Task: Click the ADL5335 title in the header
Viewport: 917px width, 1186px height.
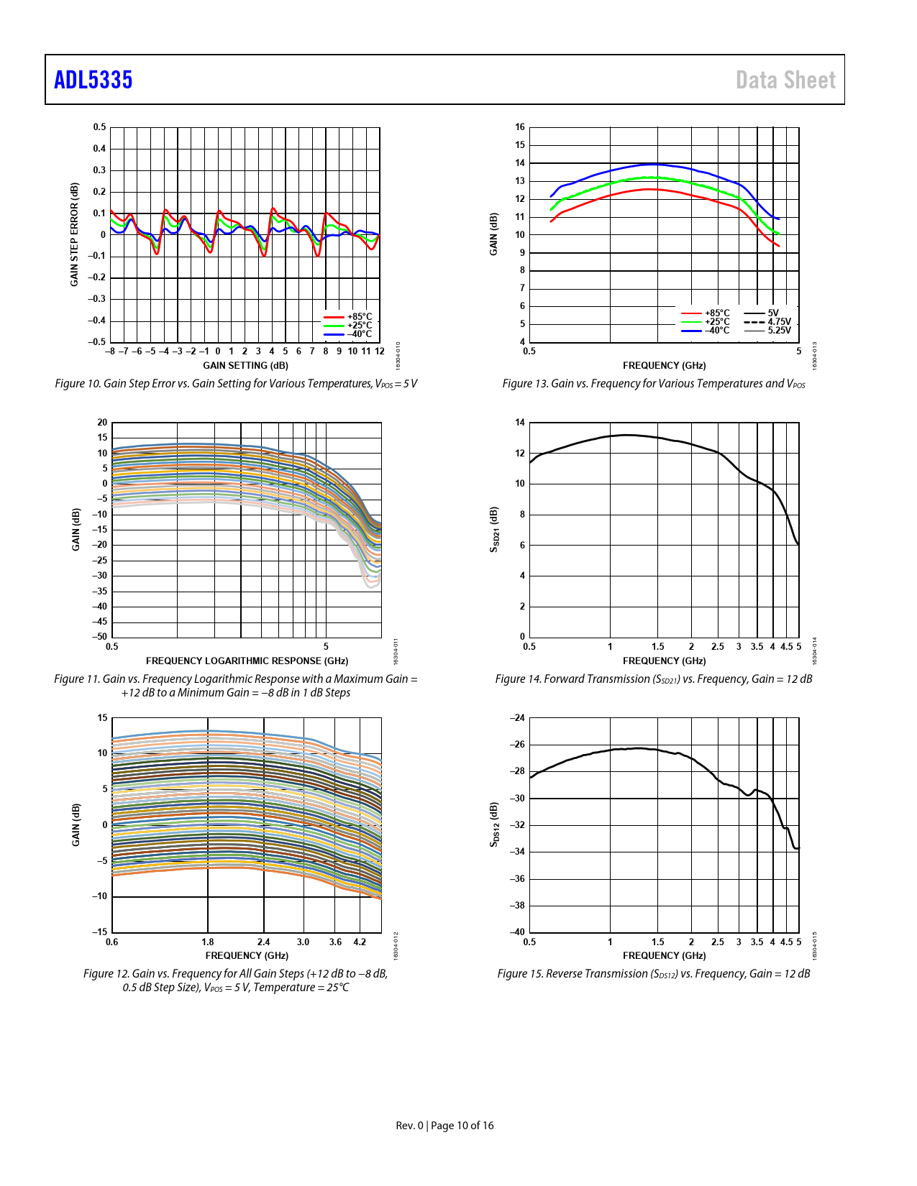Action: pos(93,80)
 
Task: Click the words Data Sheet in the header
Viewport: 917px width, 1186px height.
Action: pos(785,80)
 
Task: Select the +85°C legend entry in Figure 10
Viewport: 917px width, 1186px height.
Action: pos(359,317)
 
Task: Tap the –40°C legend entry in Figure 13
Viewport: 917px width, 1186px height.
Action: pos(716,331)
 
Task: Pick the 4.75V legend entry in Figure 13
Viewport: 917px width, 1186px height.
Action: pos(778,322)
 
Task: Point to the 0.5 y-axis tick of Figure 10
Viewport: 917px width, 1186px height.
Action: pos(99,127)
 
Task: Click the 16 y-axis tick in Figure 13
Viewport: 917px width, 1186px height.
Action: pos(519,127)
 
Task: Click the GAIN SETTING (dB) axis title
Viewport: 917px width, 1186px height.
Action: pos(245,365)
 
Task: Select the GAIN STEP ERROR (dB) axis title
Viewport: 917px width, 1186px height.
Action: pos(74,234)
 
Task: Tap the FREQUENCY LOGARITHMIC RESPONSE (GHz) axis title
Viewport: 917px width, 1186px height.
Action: pos(247,661)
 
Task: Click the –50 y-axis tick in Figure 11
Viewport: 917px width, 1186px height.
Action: pos(99,637)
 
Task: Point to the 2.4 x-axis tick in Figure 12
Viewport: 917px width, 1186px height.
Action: pos(264,942)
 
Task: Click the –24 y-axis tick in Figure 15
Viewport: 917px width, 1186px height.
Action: pos(517,718)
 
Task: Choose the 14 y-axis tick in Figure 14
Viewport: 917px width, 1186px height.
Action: pos(519,423)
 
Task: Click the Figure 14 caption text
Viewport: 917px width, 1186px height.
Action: pos(653,679)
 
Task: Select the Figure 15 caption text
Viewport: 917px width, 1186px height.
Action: pos(653,974)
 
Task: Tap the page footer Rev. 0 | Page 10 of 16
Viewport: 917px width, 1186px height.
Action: pos(444,1126)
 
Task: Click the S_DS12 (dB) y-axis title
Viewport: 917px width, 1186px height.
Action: pos(494,824)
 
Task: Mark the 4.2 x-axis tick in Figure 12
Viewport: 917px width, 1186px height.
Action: pos(360,942)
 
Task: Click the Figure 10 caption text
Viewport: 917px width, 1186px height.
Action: pos(236,384)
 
